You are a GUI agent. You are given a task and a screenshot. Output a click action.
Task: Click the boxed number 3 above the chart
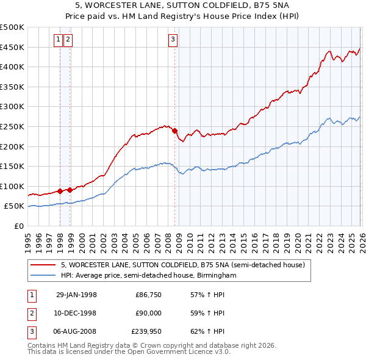coord(173,40)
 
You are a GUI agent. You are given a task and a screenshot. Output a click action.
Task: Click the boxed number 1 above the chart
coord(59,40)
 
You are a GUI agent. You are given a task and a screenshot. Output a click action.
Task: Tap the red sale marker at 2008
coord(174,131)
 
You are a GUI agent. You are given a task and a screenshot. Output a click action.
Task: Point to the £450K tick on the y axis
coord(12,47)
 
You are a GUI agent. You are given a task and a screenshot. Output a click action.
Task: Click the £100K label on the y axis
coord(12,186)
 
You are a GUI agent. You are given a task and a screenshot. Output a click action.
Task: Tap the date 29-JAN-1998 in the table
coord(76,295)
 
